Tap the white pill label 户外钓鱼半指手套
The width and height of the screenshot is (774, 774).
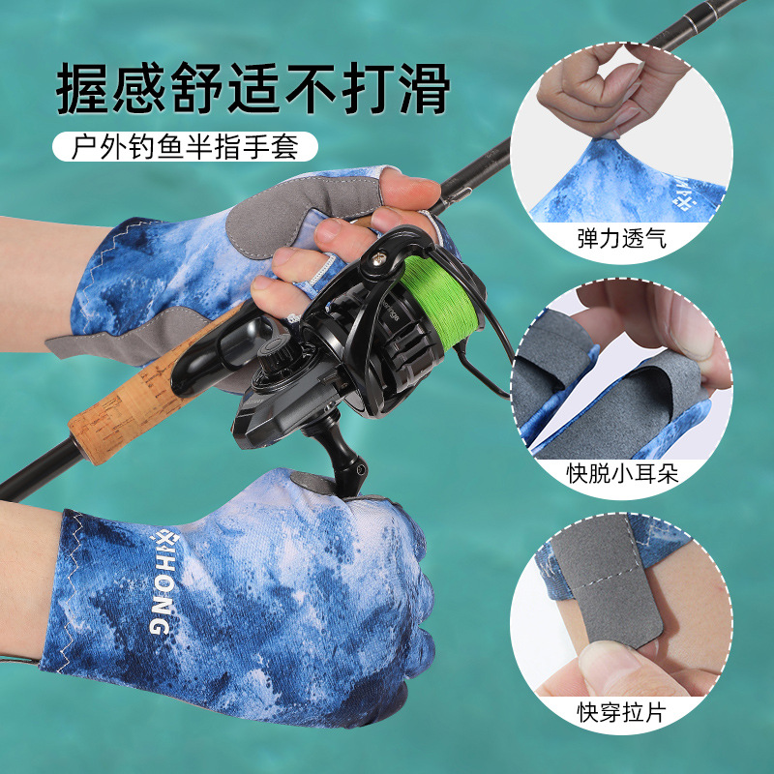click(183, 147)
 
